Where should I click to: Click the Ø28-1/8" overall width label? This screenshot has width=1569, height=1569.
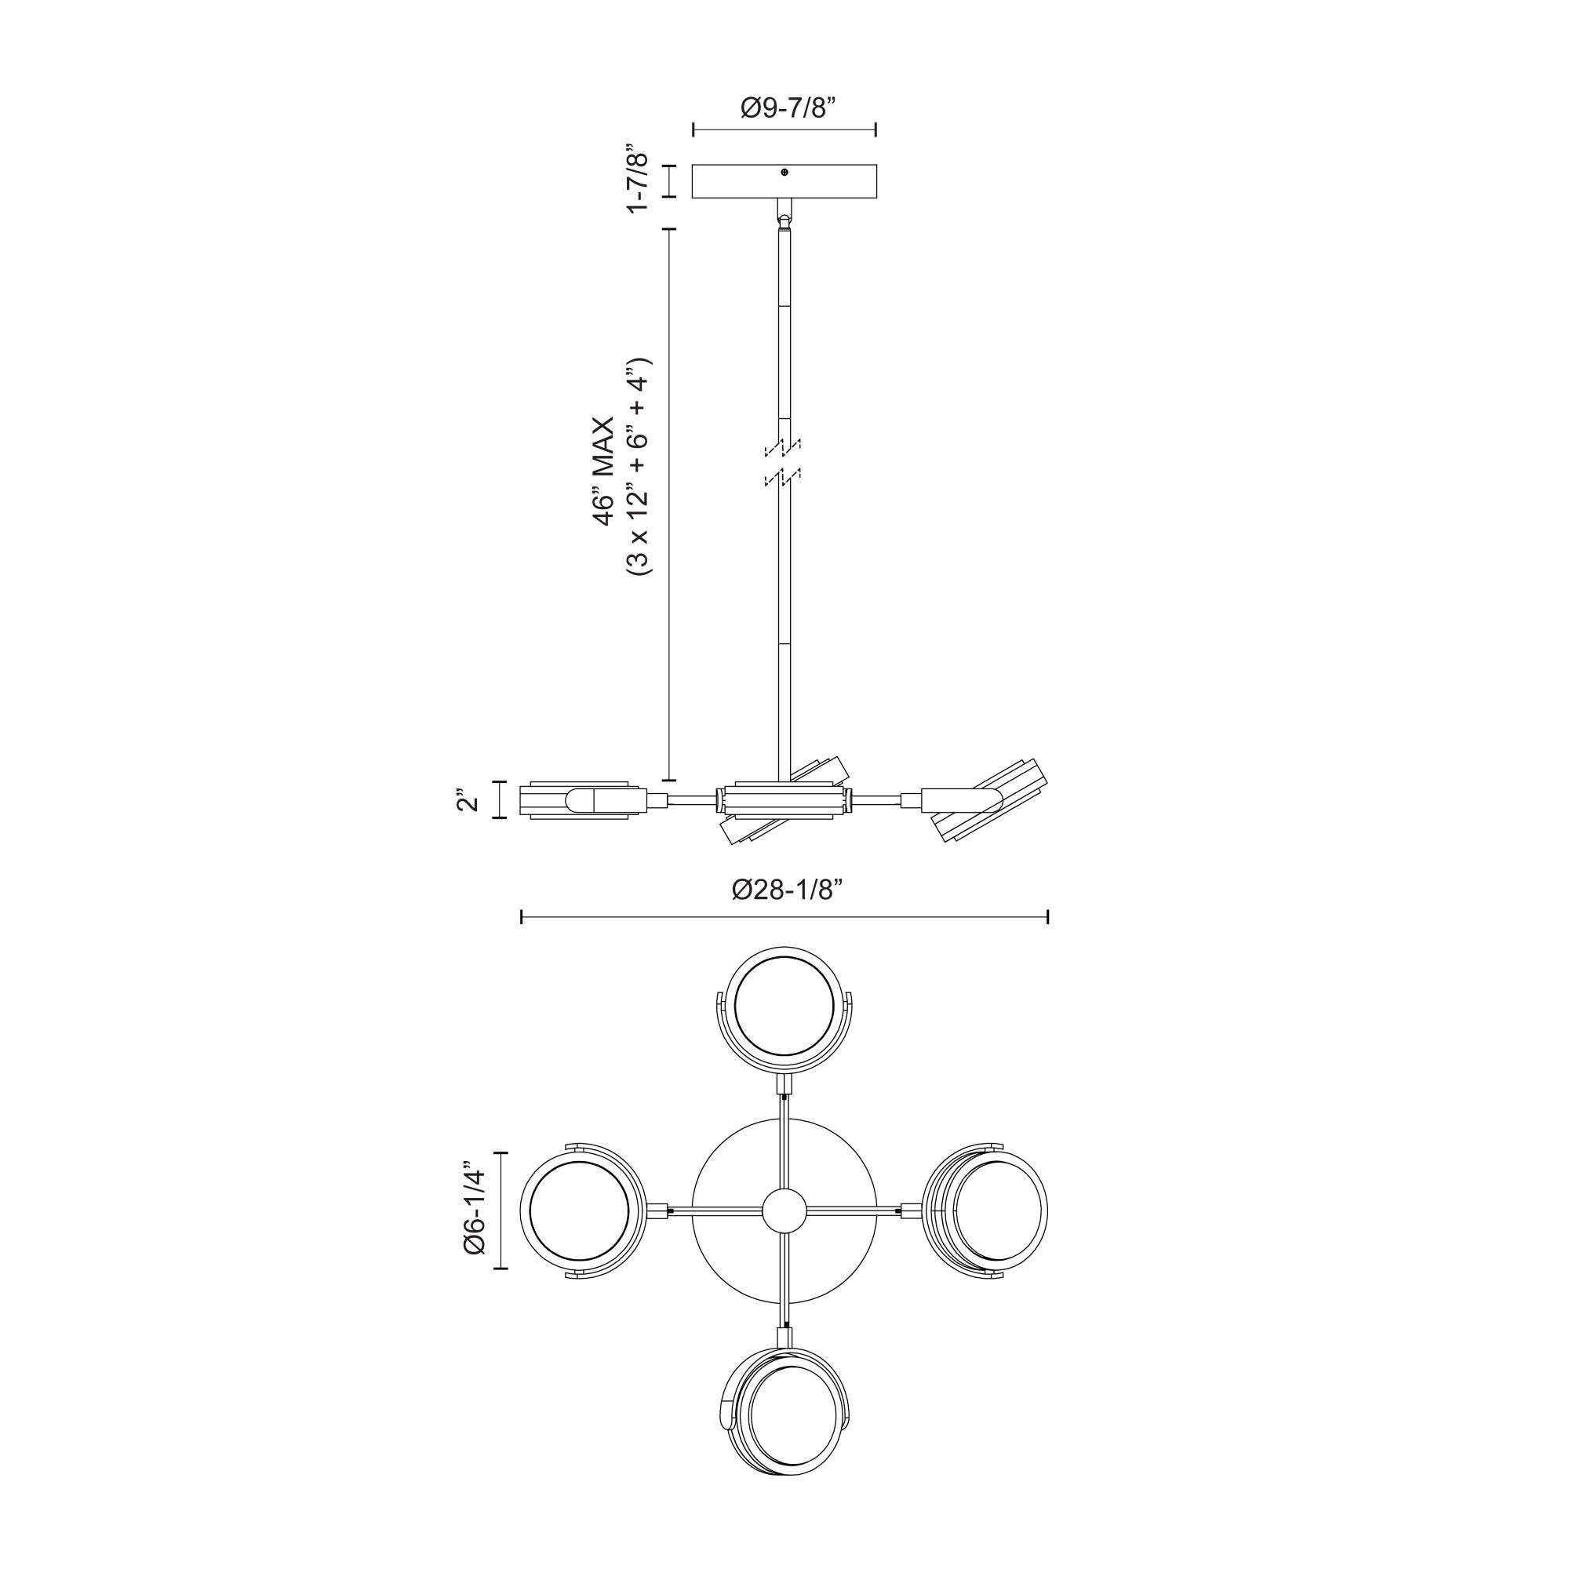(x=784, y=890)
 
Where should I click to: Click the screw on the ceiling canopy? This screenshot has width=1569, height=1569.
(x=784, y=172)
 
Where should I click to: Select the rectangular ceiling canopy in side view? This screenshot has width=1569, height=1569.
(x=784, y=182)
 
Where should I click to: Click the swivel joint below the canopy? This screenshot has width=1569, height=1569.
(x=784, y=217)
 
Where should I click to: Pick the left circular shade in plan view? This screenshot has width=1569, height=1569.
(x=578, y=1210)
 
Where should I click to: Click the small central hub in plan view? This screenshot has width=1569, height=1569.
(x=784, y=1210)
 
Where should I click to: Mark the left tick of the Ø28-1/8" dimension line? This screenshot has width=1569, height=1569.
(x=522, y=917)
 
